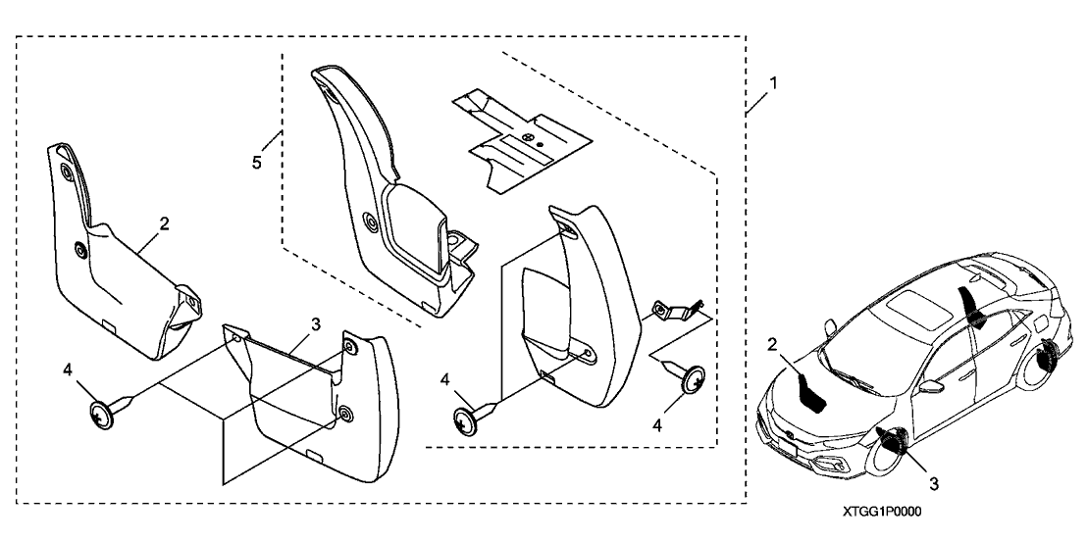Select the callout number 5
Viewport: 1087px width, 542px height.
(257, 160)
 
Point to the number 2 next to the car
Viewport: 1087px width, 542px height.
(773, 345)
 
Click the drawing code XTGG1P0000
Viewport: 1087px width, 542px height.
(883, 513)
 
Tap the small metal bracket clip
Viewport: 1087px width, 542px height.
(676, 311)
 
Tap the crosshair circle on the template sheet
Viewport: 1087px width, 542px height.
(530, 139)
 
